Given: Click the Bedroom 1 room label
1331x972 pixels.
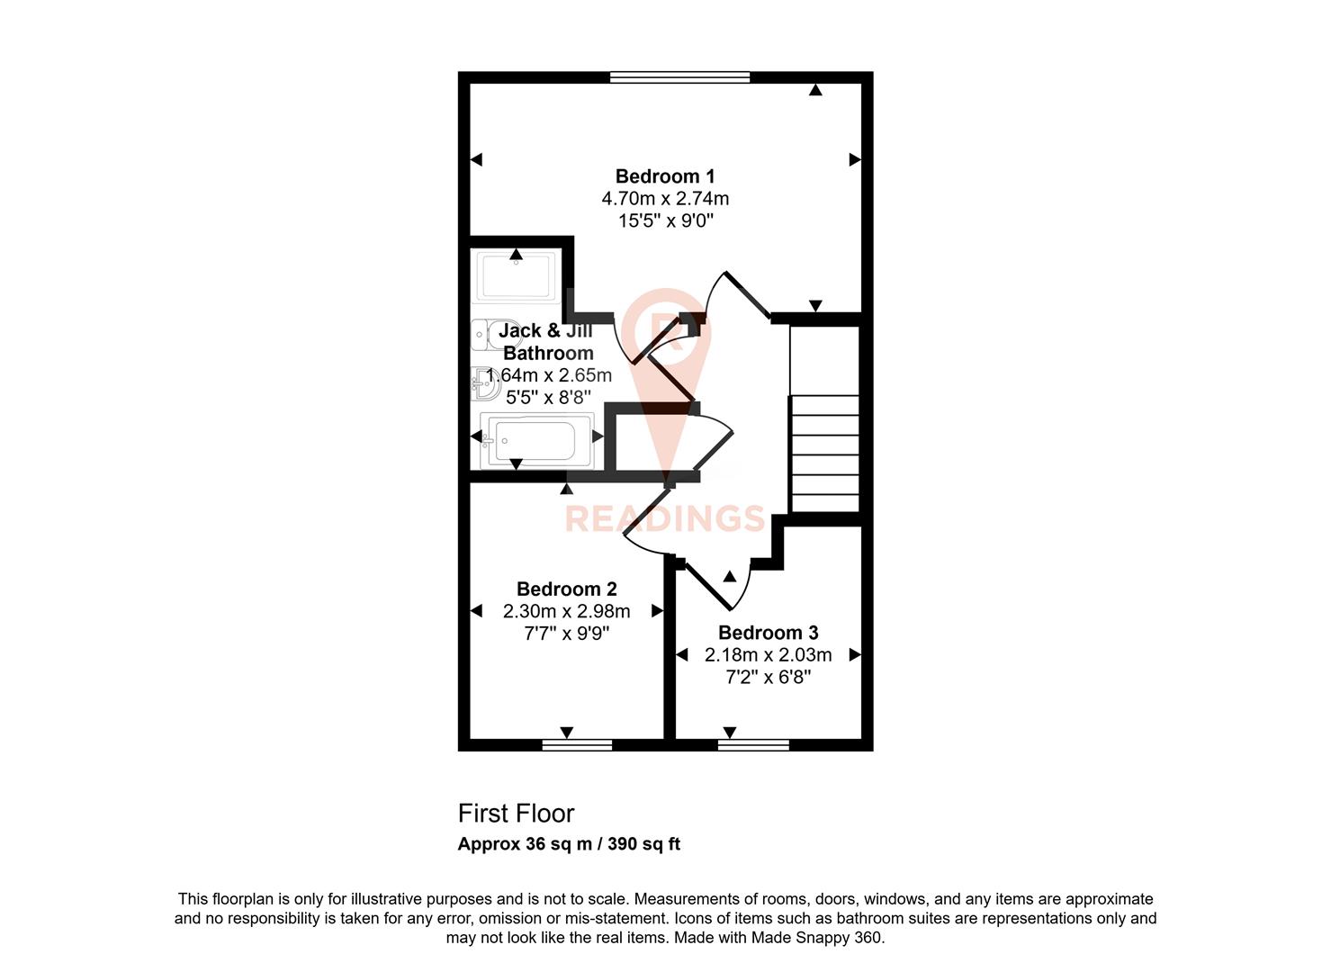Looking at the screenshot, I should pos(664,176).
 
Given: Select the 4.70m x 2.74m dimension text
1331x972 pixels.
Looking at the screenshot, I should pos(664,198).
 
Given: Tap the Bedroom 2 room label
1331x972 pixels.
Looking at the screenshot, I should pos(566,589).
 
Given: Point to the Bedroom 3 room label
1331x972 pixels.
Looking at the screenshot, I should pos(768,633).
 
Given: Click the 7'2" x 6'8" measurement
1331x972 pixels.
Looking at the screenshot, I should pos(768,677).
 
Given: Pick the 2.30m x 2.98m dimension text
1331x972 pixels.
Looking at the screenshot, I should pos(566,611).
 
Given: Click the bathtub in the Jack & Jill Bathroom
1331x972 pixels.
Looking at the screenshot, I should pos(536,440).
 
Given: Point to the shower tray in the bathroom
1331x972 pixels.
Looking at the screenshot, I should pos(516,276).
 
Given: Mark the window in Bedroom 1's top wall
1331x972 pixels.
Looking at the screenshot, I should pos(679,77).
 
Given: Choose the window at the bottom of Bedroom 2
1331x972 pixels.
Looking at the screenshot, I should pos(577,744).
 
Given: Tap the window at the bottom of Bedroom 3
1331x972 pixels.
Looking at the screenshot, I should pos(753,744).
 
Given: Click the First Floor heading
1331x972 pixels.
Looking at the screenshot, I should pos(516,814).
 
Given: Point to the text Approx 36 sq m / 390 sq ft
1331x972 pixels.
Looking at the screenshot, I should pos(569,844).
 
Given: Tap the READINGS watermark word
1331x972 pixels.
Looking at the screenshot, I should pos(664,519).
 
